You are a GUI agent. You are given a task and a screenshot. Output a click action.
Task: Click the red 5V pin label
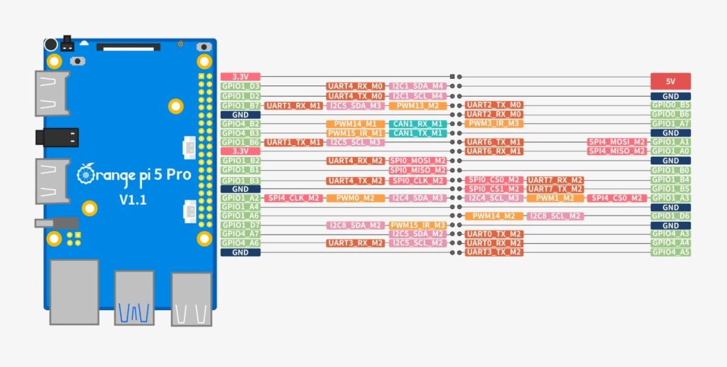click(670, 81)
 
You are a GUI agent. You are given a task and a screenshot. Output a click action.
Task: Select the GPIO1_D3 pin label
click(241, 86)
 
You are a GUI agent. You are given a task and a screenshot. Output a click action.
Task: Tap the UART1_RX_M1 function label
click(294, 105)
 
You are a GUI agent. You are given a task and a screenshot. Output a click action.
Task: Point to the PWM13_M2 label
click(417, 105)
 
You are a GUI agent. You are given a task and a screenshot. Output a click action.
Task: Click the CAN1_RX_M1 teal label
click(417, 124)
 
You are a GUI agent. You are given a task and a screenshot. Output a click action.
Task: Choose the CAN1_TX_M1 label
click(417, 133)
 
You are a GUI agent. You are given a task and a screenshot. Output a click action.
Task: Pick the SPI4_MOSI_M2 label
click(616, 142)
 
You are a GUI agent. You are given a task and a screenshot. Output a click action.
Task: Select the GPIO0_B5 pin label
click(670, 105)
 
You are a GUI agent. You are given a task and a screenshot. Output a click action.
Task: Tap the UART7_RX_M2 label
click(554, 180)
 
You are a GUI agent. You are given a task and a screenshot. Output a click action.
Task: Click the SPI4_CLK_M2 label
click(294, 198)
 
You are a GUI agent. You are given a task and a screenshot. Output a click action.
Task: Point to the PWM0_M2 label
click(355, 198)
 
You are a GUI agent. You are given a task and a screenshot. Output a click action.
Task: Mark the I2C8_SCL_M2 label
click(554, 216)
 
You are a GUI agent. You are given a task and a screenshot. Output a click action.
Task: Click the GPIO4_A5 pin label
click(670, 252)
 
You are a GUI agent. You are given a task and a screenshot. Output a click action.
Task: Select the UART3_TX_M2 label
click(494, 252)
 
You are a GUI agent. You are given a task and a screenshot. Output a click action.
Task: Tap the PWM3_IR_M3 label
click(494, 124)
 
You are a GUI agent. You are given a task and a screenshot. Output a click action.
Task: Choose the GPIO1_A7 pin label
click(670, 123)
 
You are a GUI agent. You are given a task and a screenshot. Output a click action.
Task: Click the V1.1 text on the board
click(133, 200)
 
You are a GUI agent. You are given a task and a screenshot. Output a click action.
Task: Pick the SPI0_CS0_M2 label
click(494, 180)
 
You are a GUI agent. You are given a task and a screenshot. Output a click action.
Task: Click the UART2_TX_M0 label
click(494, 105)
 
